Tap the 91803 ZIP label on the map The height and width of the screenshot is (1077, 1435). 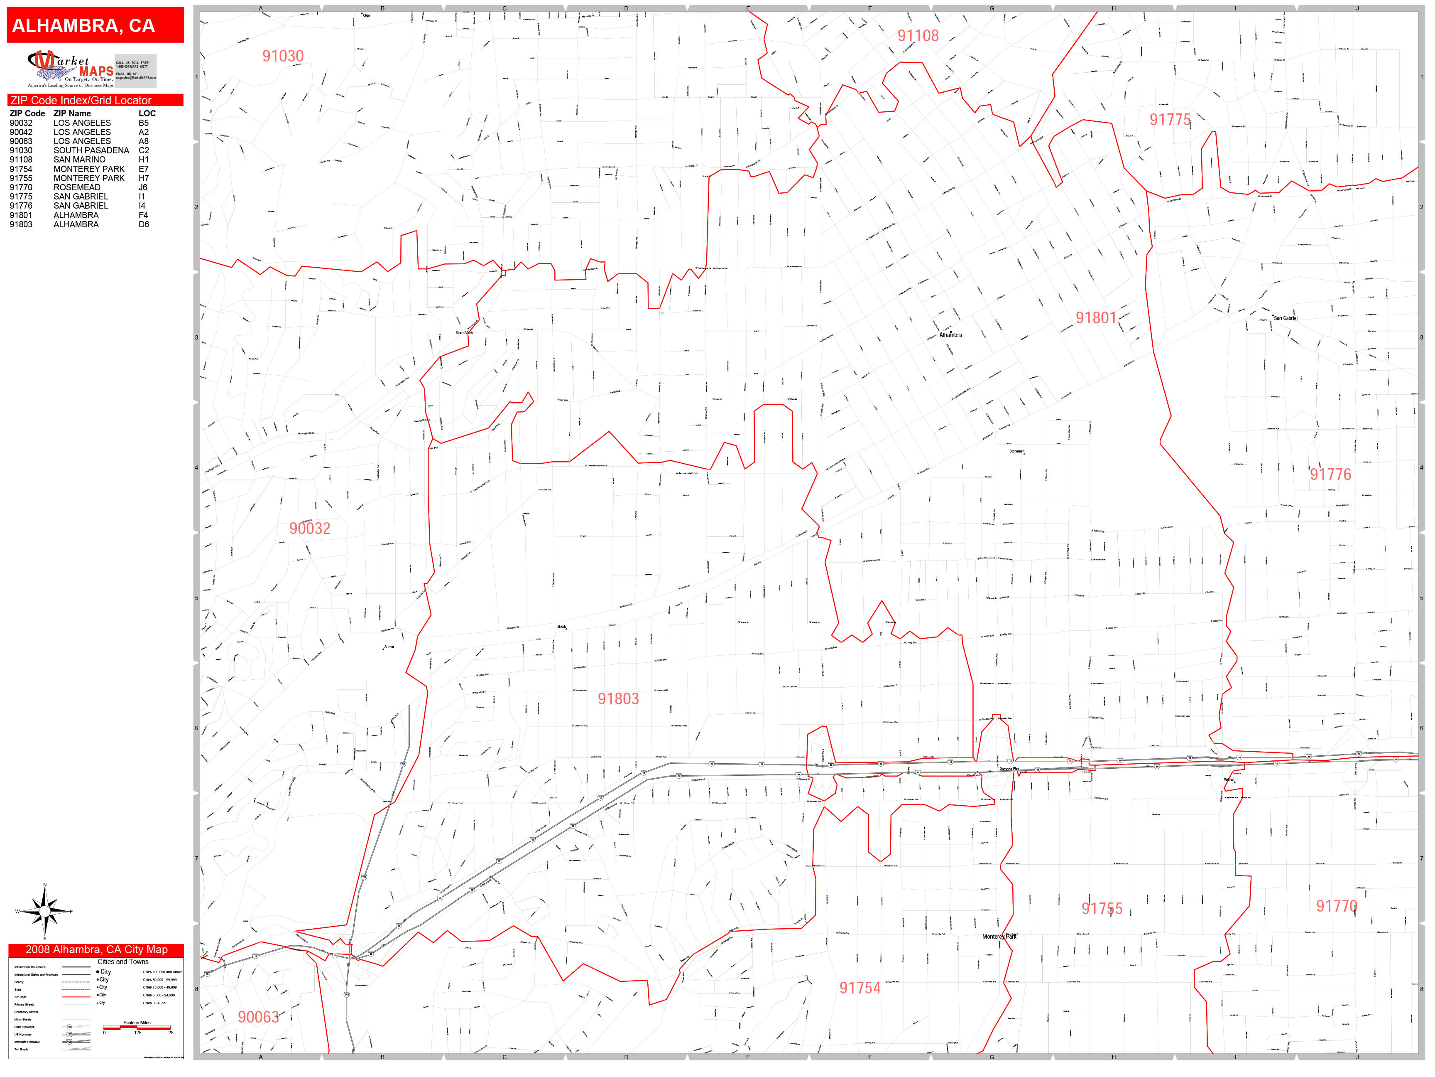[618, 699]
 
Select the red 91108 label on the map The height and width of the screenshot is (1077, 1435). [918, 36]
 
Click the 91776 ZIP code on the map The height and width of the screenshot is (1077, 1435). [1330, 475]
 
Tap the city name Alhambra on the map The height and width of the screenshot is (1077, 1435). [950, 335]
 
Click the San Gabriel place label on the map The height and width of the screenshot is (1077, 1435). [1285, 318]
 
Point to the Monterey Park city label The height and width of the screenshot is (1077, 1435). [999, 937]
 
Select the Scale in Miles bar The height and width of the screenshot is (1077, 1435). [137, 1028]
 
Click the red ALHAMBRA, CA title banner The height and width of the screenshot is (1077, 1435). [96, 25]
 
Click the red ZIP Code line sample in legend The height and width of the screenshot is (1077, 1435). [76, 996]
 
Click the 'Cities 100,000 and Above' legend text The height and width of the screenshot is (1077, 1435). [162, 972]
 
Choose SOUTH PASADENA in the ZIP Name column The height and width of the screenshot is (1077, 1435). [91, 150]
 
